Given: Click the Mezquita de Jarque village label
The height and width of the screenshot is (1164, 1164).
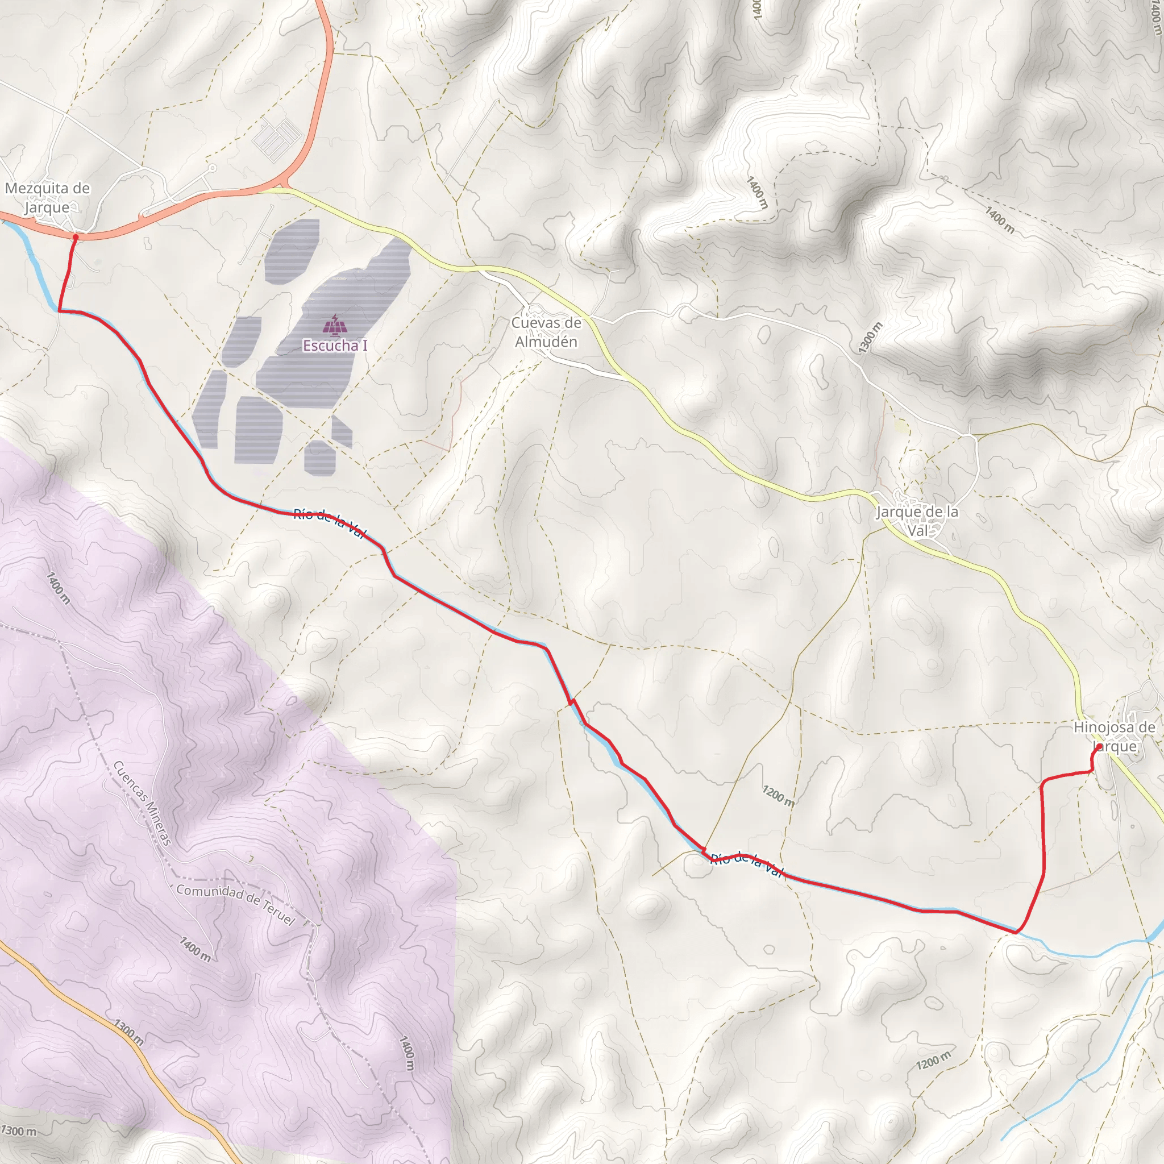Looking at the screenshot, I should point(47,198).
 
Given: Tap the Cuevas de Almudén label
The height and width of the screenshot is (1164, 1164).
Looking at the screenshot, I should point(546,332).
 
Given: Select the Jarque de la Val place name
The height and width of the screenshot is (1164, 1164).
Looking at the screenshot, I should point(917,521).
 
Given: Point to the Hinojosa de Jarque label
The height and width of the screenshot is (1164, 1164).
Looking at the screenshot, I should point(1115,736).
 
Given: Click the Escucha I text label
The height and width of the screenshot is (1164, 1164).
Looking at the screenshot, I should point(334,346).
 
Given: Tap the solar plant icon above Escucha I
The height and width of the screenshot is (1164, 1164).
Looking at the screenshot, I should point(335,325).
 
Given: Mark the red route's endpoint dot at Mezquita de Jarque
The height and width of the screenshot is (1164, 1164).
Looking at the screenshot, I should point(76,238).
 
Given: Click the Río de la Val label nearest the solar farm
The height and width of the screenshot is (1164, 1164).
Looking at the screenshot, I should point(330,523).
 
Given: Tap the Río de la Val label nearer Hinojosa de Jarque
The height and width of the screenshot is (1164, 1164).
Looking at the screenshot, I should point(747,864).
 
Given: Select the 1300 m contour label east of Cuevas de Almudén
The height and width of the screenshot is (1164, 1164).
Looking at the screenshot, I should point(870,338).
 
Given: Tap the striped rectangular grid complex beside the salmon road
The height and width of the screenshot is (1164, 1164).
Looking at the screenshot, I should point(277,136).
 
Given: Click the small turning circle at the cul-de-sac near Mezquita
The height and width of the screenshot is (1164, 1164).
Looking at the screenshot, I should point(213,169).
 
